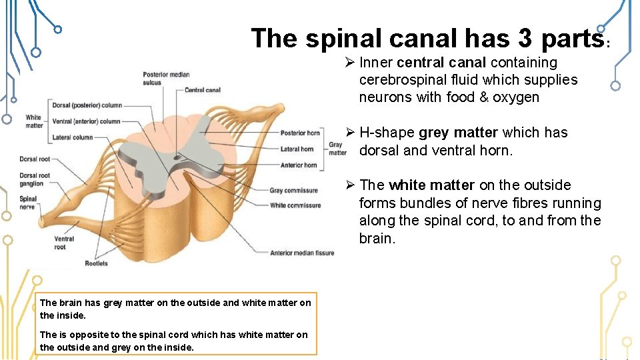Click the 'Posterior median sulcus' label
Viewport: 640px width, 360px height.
[x=165, y=78]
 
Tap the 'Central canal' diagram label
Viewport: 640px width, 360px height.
[x=202, y=90]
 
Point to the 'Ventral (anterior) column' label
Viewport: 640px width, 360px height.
[x=86, y=121]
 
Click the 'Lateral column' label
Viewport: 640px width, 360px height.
[x=73, y=138]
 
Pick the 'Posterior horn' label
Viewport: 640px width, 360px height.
[x=300, y=133]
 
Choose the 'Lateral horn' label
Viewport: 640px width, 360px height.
[x=297, y=149]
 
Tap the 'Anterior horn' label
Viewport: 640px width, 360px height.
[x=298, y=165]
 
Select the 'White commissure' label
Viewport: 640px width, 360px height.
[x=295, y=205]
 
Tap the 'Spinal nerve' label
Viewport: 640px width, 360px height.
[x=28, y=203]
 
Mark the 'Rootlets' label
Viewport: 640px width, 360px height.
[x=96, y=263]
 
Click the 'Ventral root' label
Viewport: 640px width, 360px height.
[x=64, y=243]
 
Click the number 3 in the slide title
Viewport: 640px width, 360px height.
[x=525, y=39]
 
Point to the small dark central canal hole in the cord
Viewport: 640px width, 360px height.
[x=177, y=159]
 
